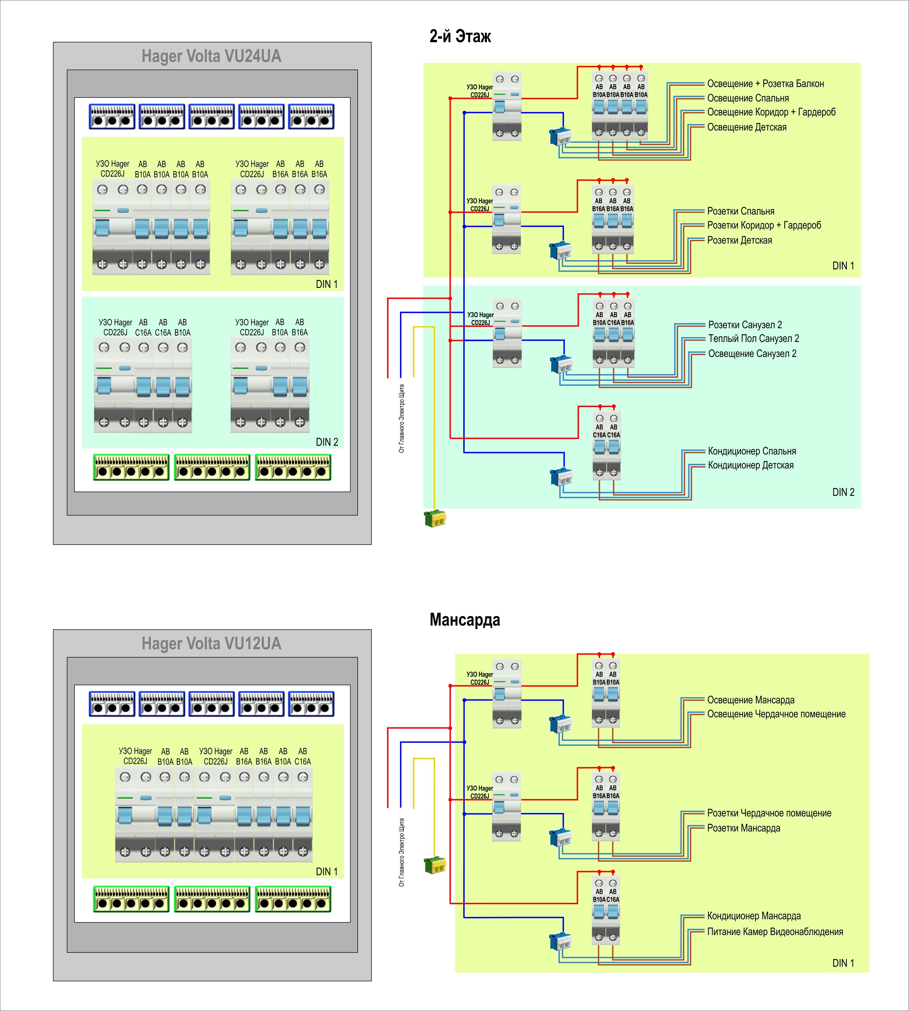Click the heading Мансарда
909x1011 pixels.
pos(464,620)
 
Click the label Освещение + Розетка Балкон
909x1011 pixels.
pos(765,84)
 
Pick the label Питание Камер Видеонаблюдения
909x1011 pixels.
pos(775,932)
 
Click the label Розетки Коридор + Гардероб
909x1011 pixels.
pos(764,225)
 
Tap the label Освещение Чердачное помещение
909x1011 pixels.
pos(776,714)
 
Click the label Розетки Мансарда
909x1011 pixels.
pos(744,828)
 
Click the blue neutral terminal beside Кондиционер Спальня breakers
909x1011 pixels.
pos(561,477)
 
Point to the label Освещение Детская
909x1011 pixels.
pos(747,127)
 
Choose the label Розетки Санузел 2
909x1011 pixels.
pos(745,325)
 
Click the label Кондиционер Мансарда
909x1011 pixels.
pos(754,916)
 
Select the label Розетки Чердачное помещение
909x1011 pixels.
pos(769,813)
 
